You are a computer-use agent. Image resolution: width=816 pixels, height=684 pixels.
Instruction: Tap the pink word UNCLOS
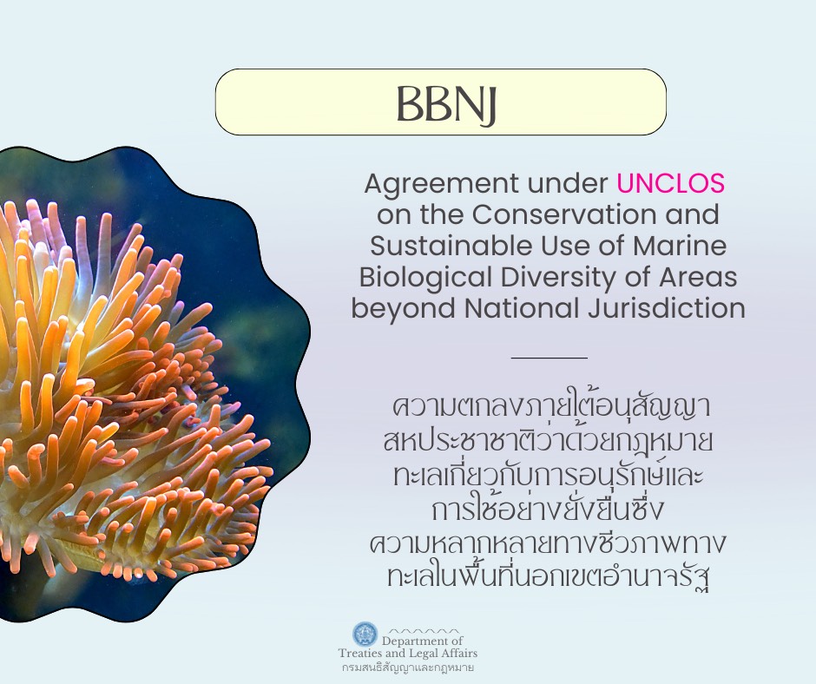670,184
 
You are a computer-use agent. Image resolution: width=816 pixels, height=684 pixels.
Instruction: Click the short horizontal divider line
549,357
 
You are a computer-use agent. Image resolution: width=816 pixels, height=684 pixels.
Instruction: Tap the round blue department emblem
365,635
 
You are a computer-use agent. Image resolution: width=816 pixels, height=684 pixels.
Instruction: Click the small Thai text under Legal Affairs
407,668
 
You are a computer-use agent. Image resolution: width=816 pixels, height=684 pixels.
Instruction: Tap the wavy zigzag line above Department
423,630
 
